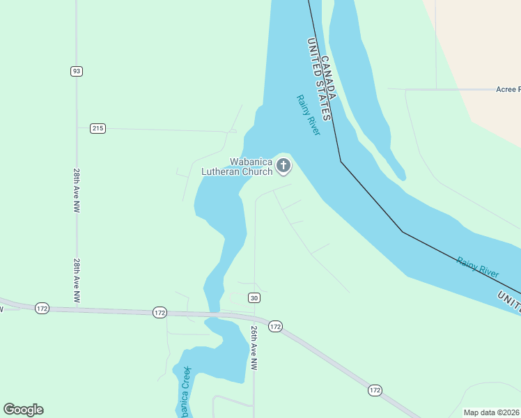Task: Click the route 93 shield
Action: click(77, 71)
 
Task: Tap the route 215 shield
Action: click(98, 128)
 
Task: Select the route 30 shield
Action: click(254, 298)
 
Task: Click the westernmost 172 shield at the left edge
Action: click(42, 308)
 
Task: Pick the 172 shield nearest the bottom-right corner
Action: click(375, 391)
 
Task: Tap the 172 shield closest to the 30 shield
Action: click(275, 326)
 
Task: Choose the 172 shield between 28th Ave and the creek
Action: click(160, 313)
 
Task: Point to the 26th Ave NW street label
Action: click(254, 348)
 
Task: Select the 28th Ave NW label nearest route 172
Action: click(77, 280)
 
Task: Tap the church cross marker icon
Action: click(283, 166)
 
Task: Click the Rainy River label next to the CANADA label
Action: click(307, 115)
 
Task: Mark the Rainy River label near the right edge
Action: click(478, 268)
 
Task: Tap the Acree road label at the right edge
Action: click(508, 89)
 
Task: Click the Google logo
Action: click(23, 410)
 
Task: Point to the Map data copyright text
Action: click(492, 412)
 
